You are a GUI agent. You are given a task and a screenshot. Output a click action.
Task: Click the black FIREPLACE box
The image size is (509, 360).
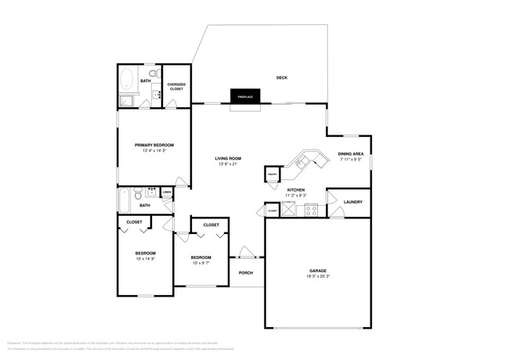click(x=244, y=95)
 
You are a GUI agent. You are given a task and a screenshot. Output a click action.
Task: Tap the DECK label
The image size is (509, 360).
click(x=282, y=77)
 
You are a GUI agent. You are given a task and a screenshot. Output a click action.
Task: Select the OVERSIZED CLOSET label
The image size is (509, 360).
click(x=176, y=87)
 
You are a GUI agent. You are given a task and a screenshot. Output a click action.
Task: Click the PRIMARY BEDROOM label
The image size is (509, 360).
click(x=153, y=145)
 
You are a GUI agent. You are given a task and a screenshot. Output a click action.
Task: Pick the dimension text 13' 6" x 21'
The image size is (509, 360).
click(x=227, y=164)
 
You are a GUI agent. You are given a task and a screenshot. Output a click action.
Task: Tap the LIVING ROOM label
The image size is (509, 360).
click(x=228, y=158)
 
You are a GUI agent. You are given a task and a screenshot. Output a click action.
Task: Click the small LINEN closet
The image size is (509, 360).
click(x=167, y=192)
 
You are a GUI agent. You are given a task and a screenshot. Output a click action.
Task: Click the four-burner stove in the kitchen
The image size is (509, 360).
click(x=311, y=209)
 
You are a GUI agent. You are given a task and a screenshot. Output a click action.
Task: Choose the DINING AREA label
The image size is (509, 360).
click(x=350, y=153)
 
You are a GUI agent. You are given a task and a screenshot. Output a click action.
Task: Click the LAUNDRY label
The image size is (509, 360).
click(x=352, y=202)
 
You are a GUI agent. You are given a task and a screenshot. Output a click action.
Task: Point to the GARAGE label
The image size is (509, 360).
click(x=317, y=271)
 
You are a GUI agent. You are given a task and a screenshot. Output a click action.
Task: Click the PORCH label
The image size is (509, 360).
click(x=246, y=272)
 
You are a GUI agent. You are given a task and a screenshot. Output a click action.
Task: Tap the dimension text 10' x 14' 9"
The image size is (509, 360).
click(x=146, y=259)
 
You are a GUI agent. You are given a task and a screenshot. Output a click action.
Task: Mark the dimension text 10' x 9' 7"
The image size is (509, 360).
click(x=201, y=263)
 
